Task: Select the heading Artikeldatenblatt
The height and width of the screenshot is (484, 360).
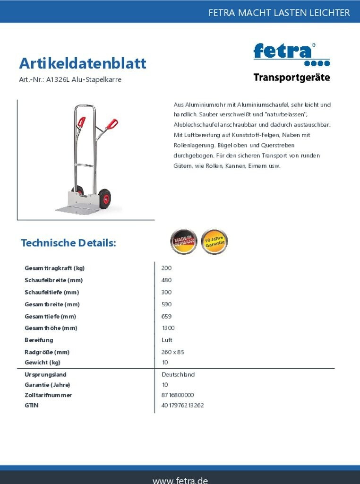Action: pyautogui.click(x=83, y=63)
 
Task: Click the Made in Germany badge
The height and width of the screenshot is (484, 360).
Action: pyautogui.click(x=183, y=242)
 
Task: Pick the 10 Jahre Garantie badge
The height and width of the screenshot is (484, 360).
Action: pyautogui.click(x=214, y=242)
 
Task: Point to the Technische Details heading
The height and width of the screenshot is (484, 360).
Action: pyautogui.click(x=68, y=243)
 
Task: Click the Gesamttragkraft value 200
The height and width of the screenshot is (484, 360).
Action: pyautogui.click(x=166, y=268)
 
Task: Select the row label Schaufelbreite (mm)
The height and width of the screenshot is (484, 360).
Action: pyautogui.click(x=53, y=280)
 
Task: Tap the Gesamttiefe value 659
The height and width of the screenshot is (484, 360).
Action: pyautogui.click(x=166, y=317)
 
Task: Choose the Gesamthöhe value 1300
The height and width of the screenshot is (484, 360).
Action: pyautogui.click(x=168, y=328)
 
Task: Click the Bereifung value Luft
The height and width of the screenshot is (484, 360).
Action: pyautogui.click(x=167, y=340)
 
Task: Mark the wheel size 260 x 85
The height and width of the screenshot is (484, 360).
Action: pyautogui.click(x=172, y=352)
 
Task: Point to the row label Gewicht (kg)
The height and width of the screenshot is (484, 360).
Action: pyautogui.click(x=43, y=363)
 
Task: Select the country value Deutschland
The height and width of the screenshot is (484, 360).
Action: pyautogui.click(x=178, y=374)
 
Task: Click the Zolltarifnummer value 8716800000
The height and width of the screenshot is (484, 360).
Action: pyautogui.click(x=177, y=395)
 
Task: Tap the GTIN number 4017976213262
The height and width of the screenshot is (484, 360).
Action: pyautogui.click(x=182, y=406)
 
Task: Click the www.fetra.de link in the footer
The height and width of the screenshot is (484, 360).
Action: pyautogui.click(x=180, y=479)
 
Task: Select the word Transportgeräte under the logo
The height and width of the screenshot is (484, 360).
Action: pyautogui.click(x=291, y=78)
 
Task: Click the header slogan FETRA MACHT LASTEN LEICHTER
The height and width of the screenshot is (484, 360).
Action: pyautogui.click(x=279, y=13)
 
